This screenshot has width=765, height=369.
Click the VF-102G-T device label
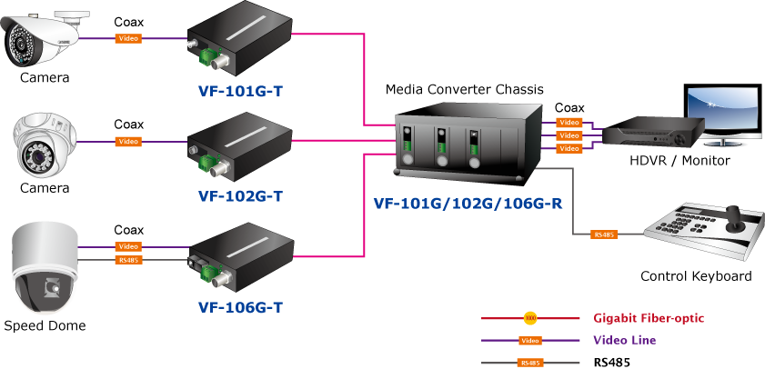coord(241,195)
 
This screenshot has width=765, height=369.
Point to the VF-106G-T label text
coord(241,307)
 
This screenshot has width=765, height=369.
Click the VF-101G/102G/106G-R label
coord(468,204)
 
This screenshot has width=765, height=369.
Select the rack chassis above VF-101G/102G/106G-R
coord(464,141)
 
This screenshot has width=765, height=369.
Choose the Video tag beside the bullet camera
coord(128,38)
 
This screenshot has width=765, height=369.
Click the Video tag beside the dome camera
coord(128,142)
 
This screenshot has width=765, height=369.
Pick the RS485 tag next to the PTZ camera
coord(128,260)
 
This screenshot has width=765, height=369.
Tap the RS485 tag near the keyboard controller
coord(604,234)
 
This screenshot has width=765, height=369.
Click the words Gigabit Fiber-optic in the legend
coord(649,318)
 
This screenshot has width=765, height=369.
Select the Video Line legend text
coord(624,340)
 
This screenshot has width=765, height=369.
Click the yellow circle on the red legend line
coord(530,318)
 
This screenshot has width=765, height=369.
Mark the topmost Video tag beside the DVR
coord(569,123)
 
